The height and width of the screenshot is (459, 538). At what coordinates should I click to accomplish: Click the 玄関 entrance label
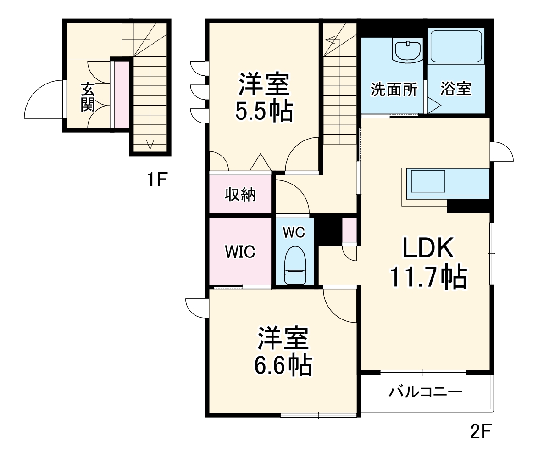tap(88, 97)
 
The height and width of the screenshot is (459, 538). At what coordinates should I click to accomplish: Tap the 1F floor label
tap(156, 179)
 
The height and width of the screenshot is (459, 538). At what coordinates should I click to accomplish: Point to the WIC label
tap(240, 252)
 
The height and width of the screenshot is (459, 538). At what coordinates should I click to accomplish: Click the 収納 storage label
tap(240, 195)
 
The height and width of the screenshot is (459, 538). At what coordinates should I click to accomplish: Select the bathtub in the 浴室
tap(456, 46)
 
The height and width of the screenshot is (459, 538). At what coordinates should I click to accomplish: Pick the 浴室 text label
tap(456, 90)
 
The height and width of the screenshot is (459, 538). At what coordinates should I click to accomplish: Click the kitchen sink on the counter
tap(428, 181)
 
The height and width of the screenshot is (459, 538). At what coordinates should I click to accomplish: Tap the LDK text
tap(428, 248)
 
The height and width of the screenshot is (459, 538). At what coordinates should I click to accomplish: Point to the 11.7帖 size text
tap(428, 277)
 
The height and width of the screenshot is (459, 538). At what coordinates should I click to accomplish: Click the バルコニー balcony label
tap(426, 392)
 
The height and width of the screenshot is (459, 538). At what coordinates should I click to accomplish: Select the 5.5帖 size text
tap(264, 111)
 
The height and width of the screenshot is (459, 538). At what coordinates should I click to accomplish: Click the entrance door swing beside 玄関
tap(44, 99)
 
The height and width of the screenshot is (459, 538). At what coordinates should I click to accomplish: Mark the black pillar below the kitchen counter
tap(468, 207)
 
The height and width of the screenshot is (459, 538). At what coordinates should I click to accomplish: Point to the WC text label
tap(294, 232)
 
